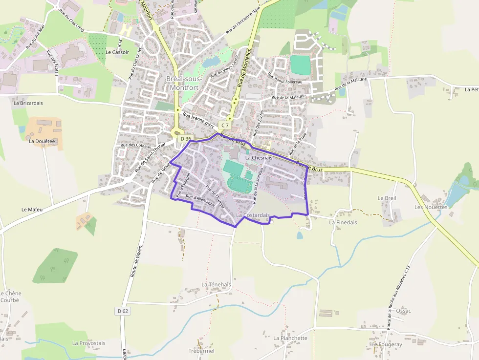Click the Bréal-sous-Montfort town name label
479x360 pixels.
184,83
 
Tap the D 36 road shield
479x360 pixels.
185,139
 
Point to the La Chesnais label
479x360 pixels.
259,158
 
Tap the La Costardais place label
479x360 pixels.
253,215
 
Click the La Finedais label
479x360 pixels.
343,222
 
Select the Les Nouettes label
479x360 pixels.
431,207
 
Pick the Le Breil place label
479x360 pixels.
387,198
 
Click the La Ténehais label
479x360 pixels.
216,284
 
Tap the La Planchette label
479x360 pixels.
290,338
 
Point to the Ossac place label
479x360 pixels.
404,311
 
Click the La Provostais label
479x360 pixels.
88,343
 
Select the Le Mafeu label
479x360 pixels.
32,209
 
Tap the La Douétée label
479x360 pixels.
42,141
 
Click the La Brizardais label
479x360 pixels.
28,103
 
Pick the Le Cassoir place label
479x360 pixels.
117,52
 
